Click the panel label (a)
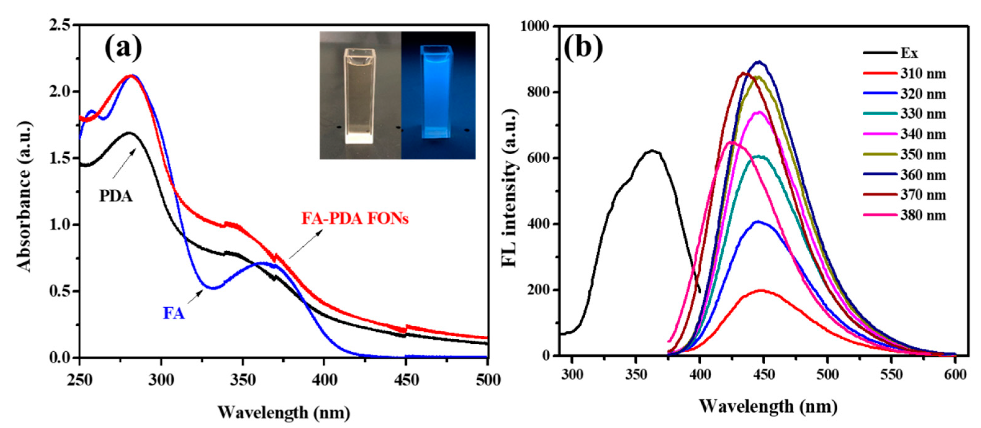(123, 47)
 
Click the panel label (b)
(583, 47)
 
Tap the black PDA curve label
(116, 196)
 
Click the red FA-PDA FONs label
(354, 218)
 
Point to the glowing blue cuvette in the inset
(437, 92)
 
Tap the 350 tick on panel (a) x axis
(243, 380)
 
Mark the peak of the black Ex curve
(652, 151)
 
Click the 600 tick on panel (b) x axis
(956, 374)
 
